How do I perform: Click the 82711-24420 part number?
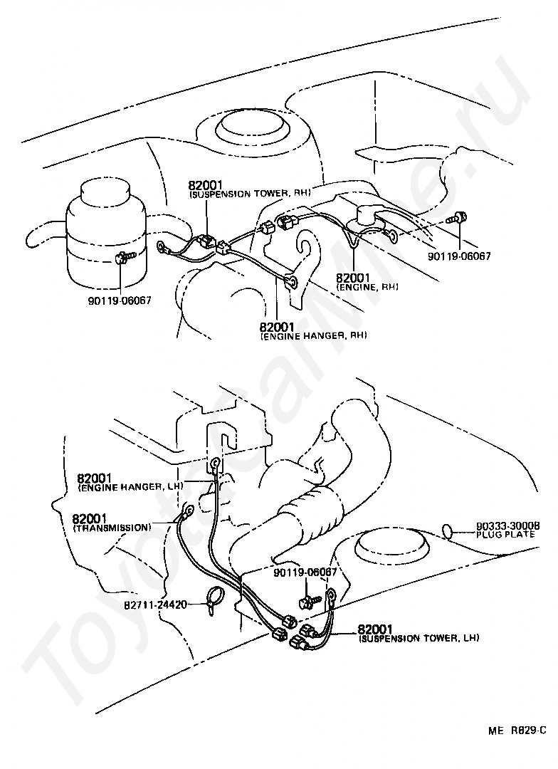[x=154, y=605]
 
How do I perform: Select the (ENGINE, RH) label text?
[x=367, y=287]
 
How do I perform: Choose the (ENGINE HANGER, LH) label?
[x=130, y=486]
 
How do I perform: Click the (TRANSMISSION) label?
[x=112, y=528]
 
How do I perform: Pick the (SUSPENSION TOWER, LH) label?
[x=419, y=639]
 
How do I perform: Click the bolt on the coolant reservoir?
[x=122, y=256]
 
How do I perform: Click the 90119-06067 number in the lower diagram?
[x=305, y=572]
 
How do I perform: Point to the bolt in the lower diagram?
[x=307, y=602]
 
